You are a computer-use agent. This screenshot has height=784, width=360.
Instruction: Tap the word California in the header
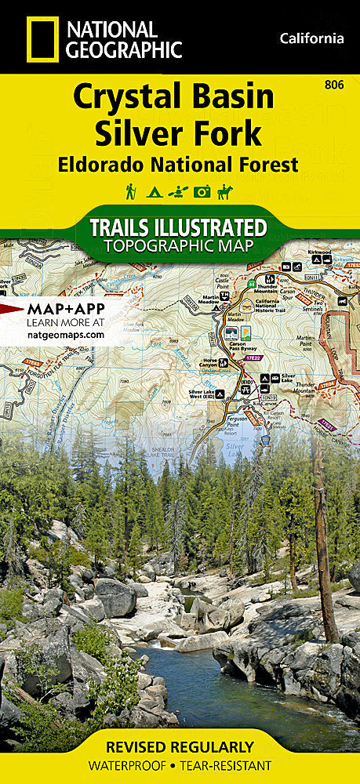click(311, 38)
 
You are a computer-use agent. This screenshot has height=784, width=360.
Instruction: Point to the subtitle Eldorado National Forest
click(177, 165)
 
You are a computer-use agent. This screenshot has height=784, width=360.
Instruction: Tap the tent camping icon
click(154, 191)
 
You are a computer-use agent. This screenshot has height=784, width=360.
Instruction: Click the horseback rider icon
click(227, 191)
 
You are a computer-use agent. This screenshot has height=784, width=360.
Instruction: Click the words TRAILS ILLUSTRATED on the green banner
click(179, 228)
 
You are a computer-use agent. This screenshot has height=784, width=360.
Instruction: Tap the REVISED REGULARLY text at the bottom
click(180, 746)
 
